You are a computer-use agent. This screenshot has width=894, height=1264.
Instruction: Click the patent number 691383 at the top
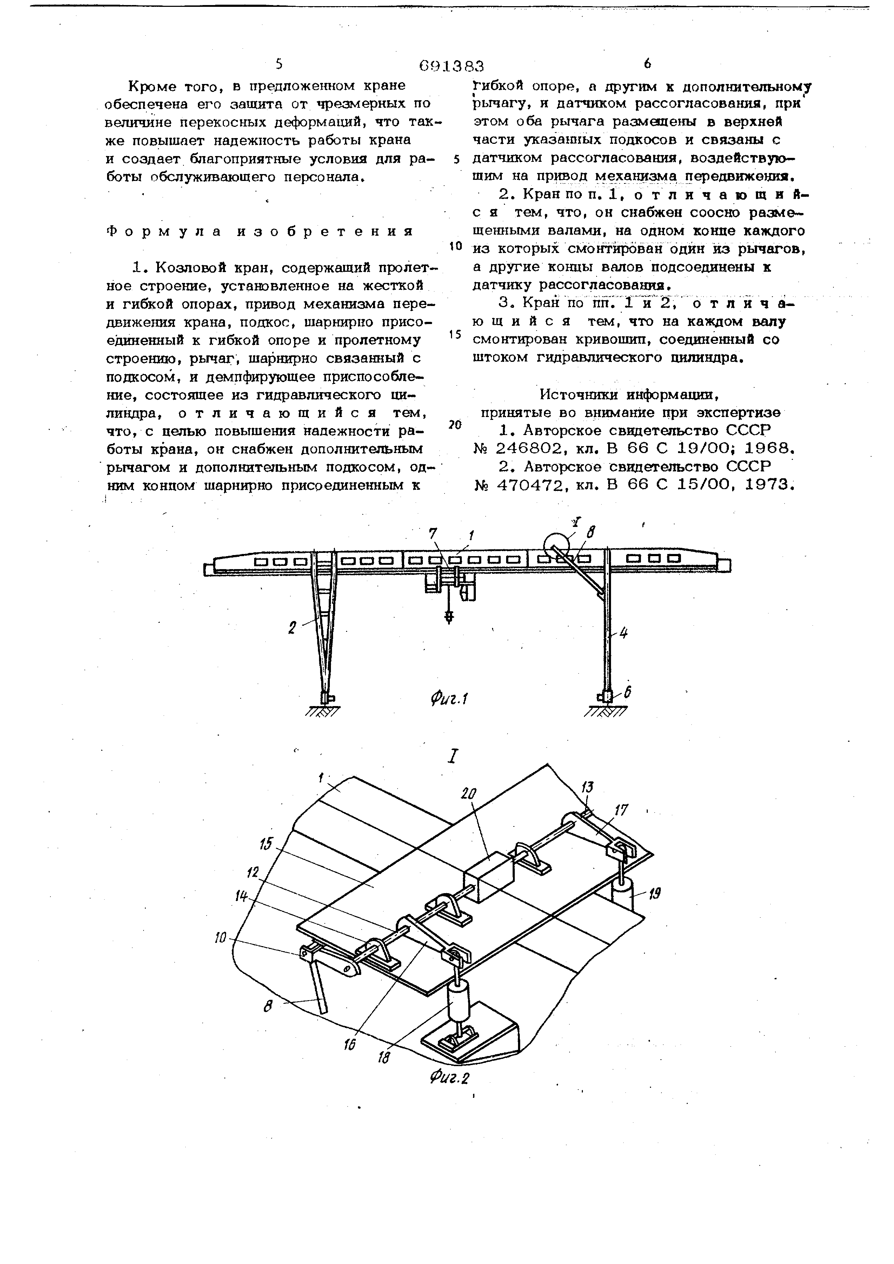point(451,66)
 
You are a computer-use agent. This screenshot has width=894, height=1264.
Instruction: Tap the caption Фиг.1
point(449,699)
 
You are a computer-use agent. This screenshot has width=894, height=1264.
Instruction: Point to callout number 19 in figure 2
point(655,893)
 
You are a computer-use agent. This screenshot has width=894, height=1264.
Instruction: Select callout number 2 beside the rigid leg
point(292,627)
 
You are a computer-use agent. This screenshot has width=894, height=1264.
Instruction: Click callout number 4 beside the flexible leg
point(623,633)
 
